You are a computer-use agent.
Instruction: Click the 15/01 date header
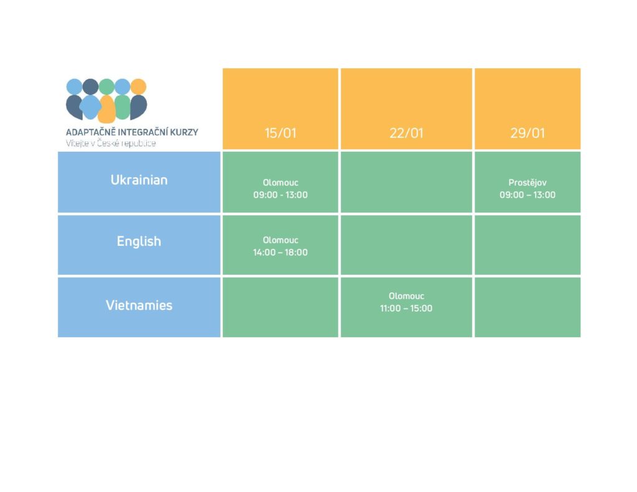click(x=281, y=133)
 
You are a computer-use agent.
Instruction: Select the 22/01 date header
click(x=406, y=133)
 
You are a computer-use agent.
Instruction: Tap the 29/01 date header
click(x=528, y=133)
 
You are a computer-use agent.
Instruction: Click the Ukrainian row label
click(x=139, y=180)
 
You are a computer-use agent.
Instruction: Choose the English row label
click(x=139, y=241)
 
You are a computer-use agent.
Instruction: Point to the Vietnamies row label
click(x=139, y=305)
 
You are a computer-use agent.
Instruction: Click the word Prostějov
click(x=528, y=183)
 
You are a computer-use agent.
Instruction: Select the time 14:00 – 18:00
click(x=281, y=253)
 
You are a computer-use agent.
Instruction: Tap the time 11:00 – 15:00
click(x=406, y=309)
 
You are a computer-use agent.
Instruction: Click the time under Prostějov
click(x=528, y=195)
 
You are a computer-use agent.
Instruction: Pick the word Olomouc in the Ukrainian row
click(x=281, y=183)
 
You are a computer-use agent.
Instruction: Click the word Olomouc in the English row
click(x=281, y=240)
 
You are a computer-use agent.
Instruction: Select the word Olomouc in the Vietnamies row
click(x=406, y=296)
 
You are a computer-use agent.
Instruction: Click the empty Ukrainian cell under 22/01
click(x=406, y=182)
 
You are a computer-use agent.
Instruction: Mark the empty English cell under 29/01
click(x=528, y=245)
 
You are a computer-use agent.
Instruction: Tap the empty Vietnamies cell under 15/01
click(x=281, y=307)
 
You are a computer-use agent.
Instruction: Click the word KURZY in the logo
click(x=184, y=132)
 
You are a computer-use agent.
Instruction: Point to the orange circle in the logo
click(x=139, y=86)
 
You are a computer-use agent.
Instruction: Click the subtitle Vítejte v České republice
click(x=111, y=143)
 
